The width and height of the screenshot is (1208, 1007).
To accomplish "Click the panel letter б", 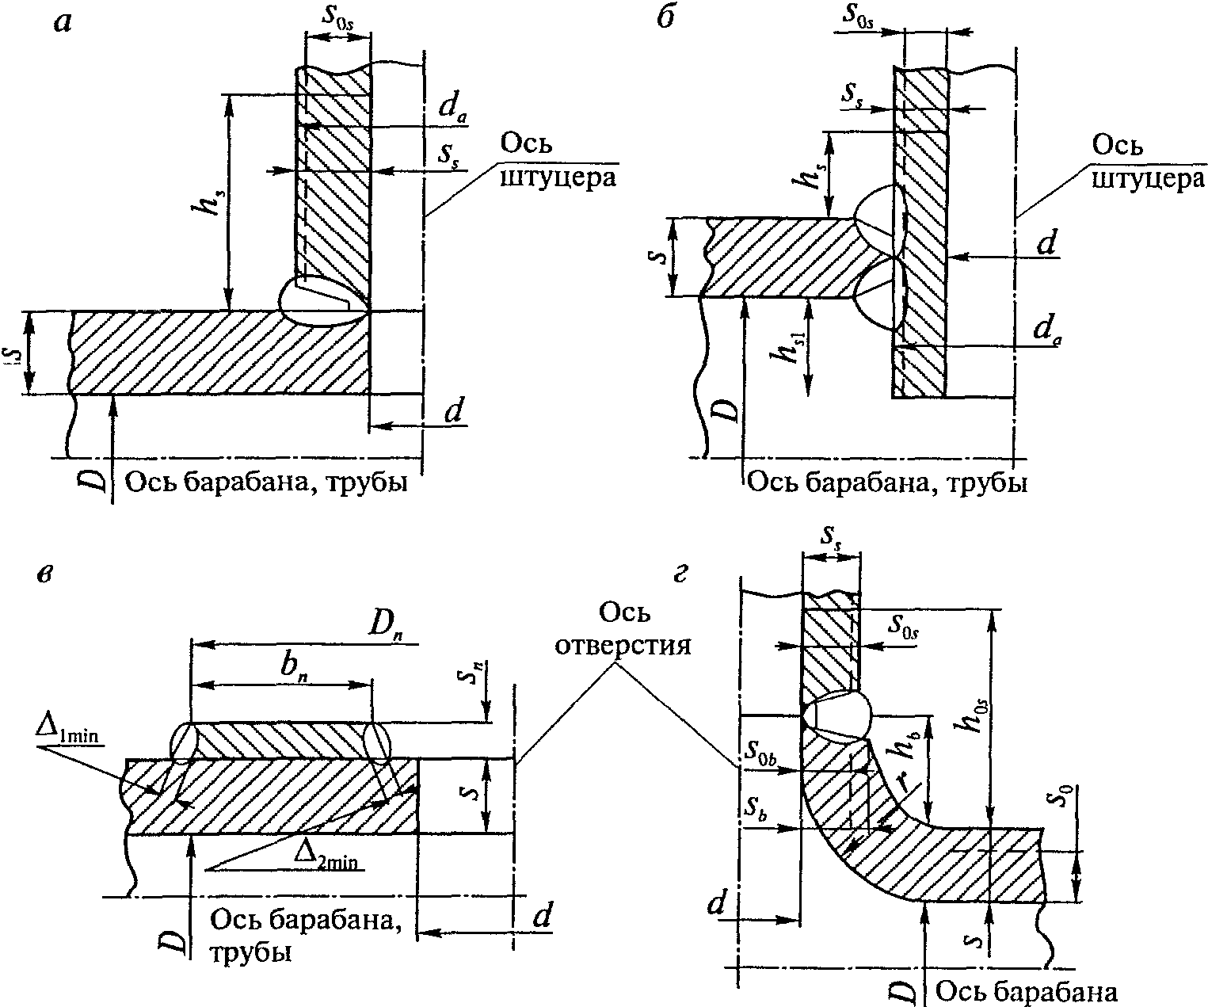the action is click(x=666, y=17).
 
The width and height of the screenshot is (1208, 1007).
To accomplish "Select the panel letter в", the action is click(x=44, y=574).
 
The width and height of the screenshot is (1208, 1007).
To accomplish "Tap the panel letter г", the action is click(x=680, y=574).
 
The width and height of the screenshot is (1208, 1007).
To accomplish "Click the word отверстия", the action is click(x=623, y=644).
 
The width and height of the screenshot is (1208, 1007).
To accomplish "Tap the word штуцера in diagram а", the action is click(x=558, y=177).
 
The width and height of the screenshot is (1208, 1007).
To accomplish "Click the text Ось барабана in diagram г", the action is click(x=1026, y=991).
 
